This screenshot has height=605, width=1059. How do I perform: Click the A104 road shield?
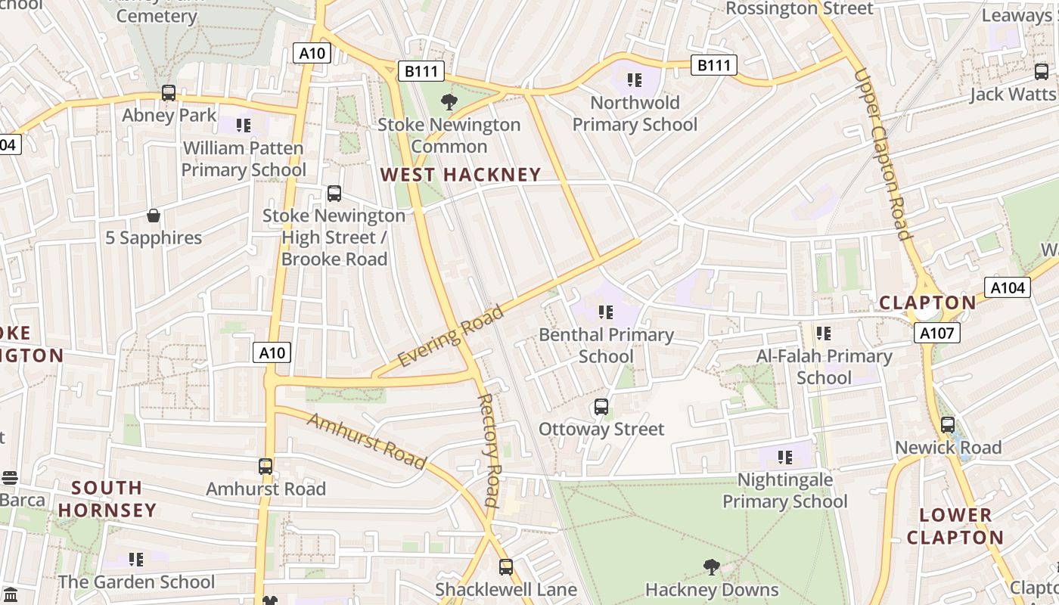(1007, 287)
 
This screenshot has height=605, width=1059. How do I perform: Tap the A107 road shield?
(936, 333)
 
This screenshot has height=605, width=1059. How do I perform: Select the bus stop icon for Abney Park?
(169, 93)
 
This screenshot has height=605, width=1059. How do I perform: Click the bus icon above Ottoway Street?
(601, 407)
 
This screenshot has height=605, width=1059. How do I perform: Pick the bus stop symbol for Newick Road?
(948, 425)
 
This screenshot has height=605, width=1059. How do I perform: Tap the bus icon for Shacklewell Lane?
(506, 566)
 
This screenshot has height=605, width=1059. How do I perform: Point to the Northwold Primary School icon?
(635, 79)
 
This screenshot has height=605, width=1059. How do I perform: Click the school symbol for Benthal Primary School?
(605, 312)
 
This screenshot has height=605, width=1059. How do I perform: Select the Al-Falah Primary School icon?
(824, 333)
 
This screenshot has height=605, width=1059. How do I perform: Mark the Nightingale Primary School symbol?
(785, 457)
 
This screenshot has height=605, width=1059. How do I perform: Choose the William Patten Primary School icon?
(243, 125)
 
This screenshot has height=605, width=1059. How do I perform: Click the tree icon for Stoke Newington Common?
(449, 101)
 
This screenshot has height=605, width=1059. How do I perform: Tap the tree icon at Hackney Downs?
(711, 566)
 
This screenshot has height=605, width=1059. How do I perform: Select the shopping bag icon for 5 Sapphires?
(154, 216)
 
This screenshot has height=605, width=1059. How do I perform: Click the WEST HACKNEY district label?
(460, 175)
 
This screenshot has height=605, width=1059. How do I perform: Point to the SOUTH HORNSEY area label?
(107, 499)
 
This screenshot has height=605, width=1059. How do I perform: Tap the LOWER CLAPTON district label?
(955, 526)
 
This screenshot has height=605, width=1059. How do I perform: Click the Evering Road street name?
(450, 337)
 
